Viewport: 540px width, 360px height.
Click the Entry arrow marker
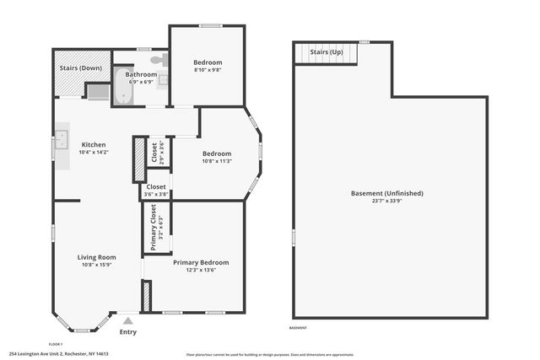pyautogui.click(x=127, y=321)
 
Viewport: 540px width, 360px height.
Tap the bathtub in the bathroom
pyautogui.click(x=123, y=91)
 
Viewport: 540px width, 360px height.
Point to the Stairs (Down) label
pyautogui.click(x=81, y=67)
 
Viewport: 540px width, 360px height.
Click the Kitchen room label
pyautogui.click(x=93, y=144)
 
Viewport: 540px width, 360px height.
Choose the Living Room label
pyautogui.click(x=96, y=257)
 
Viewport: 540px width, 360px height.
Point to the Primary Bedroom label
pyautogui.click(x=201, y=262)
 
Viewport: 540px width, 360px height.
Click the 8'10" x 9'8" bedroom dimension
pyautogui.click(x=208, y=71)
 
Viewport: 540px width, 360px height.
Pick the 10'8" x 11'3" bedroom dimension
pyautogui.click(x=217, y=162)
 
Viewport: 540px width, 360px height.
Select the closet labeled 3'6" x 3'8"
pyautogui.click(x=156, y=191)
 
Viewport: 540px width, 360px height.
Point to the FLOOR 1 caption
pyautogui.click(x=57, y=344)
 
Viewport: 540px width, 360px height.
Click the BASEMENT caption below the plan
pyautogui.click(x=298, y=328)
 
